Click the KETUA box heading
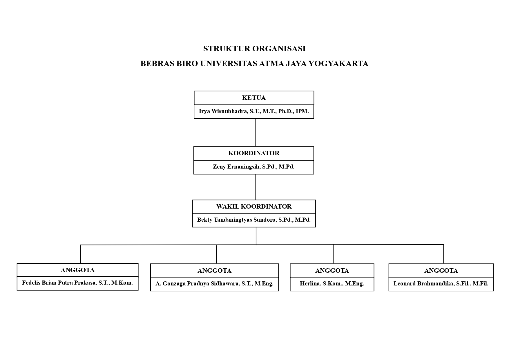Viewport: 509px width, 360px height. pos(254,98)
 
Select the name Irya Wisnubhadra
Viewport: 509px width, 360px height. pos(223,111)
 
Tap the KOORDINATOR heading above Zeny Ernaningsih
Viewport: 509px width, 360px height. pos(254,153)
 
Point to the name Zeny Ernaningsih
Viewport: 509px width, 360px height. pos(236,167)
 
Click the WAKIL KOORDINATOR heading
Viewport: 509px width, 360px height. pos(254,207)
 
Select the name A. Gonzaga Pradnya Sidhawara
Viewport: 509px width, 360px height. pos(197,284)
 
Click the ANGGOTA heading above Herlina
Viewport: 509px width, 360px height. pos(332,271)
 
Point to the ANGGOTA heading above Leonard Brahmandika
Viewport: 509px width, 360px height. pos(441,271)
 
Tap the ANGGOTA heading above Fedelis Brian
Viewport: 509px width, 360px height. pos(77,270)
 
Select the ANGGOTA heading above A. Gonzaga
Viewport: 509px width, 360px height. pos(214,271)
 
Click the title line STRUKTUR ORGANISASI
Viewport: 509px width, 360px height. pos(254,49)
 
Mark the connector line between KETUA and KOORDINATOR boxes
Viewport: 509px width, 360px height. pos(256,133)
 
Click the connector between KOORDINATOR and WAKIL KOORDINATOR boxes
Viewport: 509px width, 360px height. pos(256,187)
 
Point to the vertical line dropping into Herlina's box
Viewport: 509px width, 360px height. pos(334,254)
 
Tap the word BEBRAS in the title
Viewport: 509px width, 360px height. pos(157,64)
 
